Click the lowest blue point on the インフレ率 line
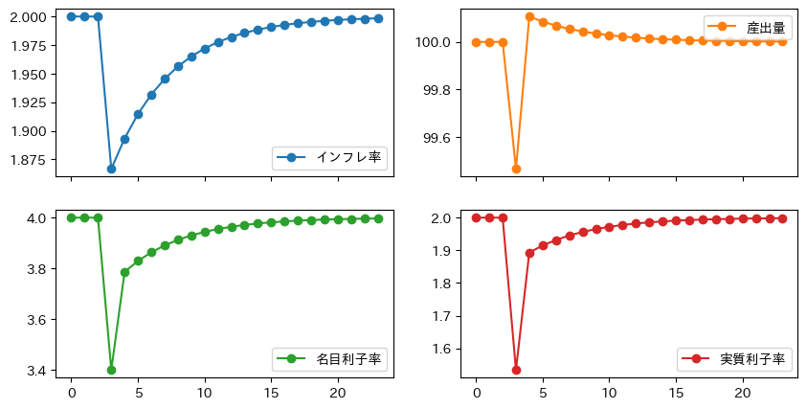coord(111,169)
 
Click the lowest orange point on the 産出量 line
coord(516,169)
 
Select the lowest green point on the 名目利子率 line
coord(111,370)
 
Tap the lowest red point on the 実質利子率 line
coord(516,370)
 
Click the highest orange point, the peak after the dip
coord(529,16)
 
